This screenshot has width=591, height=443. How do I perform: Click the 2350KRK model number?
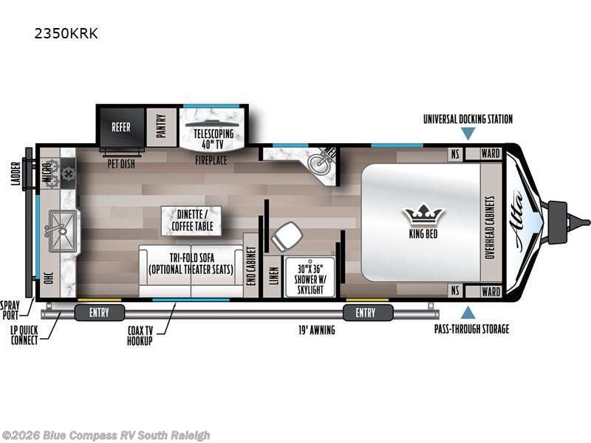pyautogui.click(x=66, y=33)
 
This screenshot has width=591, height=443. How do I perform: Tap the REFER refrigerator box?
pyautogui.click(x=121, y=127)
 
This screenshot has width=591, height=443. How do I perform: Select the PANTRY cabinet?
pyautogui.click(x=161, y=127)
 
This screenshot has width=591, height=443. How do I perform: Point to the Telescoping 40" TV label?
pyautogui.click(x=213, y=139)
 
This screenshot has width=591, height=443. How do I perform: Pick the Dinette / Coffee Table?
pyautogui.click(x=191, y=221)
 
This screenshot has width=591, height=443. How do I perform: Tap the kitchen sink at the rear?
pyautogui.click(x=63, y=230)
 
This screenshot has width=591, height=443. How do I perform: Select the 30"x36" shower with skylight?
pyautogui.click(x=310, y=278)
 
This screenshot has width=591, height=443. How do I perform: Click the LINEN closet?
pyautogui.click(x=273, y=276)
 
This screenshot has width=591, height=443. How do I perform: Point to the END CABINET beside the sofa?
pyautogui.click(x=250, y=266)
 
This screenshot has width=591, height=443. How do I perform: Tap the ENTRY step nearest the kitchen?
pyautogui.click(x=100, y=312)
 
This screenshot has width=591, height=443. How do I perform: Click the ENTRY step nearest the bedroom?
pyautogui.click(x=368, y=312)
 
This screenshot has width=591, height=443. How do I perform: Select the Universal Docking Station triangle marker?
pyautogui.click(x=468, y=134)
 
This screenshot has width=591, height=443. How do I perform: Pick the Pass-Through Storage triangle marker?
pyautogui.click(x=468, y=312)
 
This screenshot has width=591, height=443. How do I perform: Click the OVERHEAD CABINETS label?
pyautogui.click(x=490, y=227)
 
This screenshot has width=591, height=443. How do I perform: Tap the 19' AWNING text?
pyautogui.click(x=317, y=330)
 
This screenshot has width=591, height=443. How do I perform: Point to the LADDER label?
pyautogui.click(x=16, y=174)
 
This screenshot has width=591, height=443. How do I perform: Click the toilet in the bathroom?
pyautogui.click(x=287, y=236)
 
